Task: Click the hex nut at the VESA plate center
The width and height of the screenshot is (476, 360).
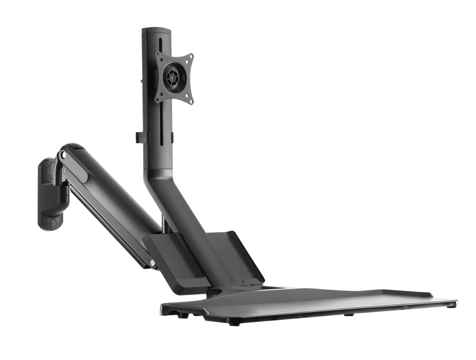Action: pos(172,77)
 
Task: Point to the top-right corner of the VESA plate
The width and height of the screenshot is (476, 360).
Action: pos(192,55)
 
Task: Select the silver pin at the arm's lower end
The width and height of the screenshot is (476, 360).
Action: pos(153,264)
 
